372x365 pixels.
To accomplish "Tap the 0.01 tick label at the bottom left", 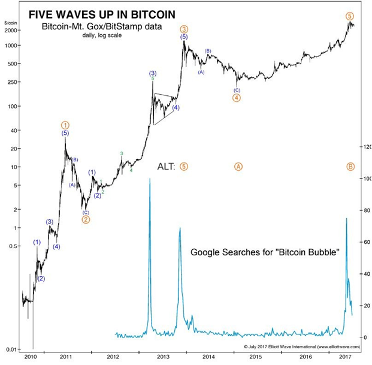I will click(12, 349).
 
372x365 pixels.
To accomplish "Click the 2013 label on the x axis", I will click(163, 357).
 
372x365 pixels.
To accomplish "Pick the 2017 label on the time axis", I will click(345, 357).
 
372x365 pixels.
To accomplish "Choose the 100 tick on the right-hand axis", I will click(365, 179).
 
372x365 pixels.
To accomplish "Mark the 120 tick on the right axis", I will click(365, 147).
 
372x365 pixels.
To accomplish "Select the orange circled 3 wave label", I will click(184, 29).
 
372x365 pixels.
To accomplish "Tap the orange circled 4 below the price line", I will click(237, 98).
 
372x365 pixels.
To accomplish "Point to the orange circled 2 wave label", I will click(86, 219).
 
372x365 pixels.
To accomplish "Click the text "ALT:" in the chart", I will click(165, 167).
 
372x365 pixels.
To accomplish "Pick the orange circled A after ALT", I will click(238, 167).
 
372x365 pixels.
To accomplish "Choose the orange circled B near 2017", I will click(350, 167).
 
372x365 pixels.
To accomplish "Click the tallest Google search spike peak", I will click(150, 180).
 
